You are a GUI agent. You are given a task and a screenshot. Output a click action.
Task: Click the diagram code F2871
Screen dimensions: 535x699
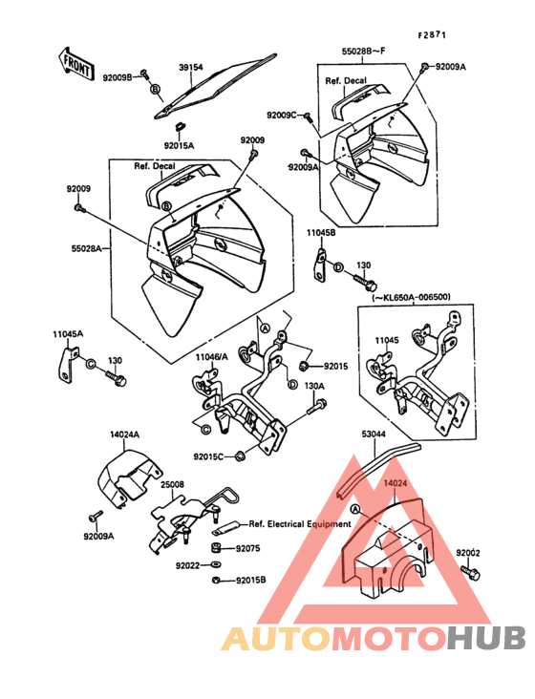[432, 35]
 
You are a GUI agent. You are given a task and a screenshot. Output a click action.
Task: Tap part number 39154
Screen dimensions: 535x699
[191, 67]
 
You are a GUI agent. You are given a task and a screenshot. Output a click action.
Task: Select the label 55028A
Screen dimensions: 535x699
[87, 248]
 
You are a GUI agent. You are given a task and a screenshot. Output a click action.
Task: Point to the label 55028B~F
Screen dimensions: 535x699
[363, 51]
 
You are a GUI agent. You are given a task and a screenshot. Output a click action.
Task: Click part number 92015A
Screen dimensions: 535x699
[180, 146]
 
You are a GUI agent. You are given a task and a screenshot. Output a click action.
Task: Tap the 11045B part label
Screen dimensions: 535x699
[321, 232]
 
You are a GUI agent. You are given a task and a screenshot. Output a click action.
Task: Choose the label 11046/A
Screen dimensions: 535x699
[211, 356]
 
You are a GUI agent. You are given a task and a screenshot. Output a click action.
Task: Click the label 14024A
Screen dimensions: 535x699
[125, 434]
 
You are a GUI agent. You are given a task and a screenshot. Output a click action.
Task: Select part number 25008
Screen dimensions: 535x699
[173, 484]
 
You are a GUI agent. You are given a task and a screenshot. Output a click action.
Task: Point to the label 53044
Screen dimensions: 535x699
[374, 434]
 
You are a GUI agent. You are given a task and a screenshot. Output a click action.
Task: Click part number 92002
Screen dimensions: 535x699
[468, 553]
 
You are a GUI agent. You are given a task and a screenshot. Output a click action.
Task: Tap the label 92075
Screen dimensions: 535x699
[247, 548]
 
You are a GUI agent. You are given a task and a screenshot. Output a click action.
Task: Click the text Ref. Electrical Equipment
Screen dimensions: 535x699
[300, 524]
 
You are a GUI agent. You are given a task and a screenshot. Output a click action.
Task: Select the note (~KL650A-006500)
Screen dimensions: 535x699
[411, 296]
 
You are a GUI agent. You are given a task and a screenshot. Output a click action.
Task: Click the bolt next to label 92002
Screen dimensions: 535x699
[470, 572]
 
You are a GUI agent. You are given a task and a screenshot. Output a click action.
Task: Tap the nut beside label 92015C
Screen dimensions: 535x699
[241, 455]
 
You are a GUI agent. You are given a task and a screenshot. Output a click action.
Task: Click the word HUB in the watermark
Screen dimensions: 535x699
[487, 638]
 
